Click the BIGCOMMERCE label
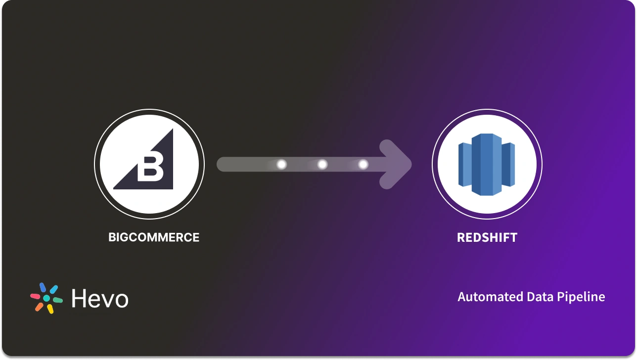(154, 237)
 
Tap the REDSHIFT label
(487, 237)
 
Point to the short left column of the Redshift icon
(465, 164)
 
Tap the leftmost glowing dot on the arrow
(281, 164)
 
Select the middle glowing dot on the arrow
(322, 164)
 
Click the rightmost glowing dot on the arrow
(363, 164)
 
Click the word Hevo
(100, 299)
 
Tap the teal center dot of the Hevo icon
(46, 299)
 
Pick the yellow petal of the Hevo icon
(50, 309)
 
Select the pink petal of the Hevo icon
(35, 297)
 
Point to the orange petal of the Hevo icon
(39, 307)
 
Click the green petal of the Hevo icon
(58, 300)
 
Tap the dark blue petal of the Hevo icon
(43, 288)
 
